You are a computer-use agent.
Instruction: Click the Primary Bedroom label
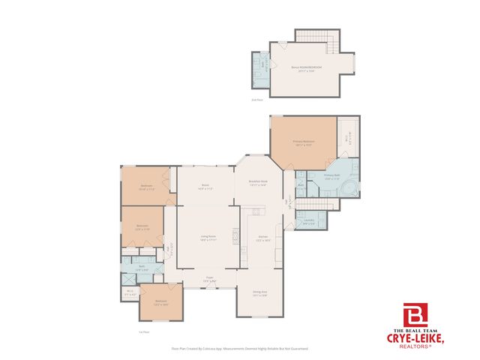(303, 142)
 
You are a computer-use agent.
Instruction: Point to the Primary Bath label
(332, 178)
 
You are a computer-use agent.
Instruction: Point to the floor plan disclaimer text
(240, 349)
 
